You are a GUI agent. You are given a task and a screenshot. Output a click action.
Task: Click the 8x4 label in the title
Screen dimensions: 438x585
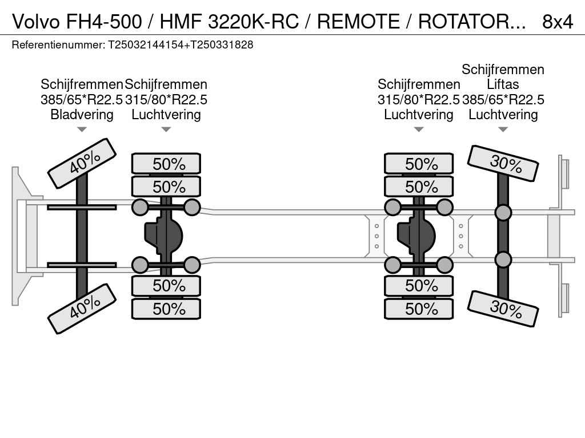[557, 21]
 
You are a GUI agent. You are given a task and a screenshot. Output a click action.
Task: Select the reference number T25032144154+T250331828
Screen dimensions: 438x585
[181, 44]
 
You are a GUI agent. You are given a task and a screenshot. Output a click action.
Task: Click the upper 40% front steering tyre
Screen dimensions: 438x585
[82, 163]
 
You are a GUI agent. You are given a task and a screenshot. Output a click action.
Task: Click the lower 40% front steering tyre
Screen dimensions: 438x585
[82, 308]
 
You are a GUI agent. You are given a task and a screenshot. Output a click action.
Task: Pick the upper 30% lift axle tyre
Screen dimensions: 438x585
[503, 163]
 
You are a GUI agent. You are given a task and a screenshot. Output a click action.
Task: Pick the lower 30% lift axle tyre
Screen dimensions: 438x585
[503, 309]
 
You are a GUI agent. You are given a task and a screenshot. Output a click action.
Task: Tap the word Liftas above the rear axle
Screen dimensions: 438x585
[503, 84]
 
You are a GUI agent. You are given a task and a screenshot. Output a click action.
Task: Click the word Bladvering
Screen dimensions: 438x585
[82, 115]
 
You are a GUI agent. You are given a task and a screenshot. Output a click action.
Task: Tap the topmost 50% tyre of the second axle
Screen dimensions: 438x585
[166, 164]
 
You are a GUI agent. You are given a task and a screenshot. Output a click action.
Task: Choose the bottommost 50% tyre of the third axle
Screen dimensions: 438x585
[419, 309]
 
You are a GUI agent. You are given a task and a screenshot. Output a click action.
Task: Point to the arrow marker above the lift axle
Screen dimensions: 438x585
[503, 129]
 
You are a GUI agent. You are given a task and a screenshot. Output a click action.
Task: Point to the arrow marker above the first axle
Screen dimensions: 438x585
[82, 129]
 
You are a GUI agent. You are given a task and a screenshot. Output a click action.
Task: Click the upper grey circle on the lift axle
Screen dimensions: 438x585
[503, 213]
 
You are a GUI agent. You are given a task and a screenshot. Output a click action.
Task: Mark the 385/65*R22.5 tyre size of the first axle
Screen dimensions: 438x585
[82, 100]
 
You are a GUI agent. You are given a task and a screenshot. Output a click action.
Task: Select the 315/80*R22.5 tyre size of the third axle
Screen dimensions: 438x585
[419, 100]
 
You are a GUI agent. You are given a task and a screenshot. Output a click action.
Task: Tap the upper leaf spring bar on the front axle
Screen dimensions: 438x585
[82, 207]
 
